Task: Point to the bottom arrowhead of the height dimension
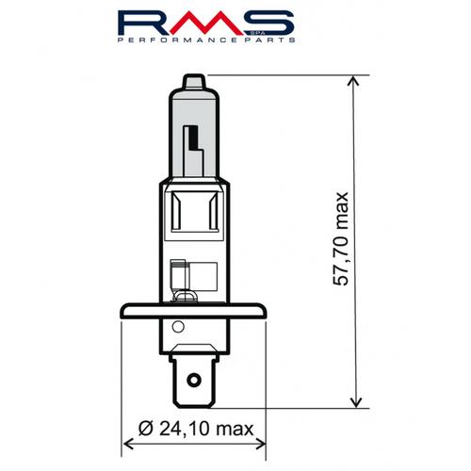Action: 355,404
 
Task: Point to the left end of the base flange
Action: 124,314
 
